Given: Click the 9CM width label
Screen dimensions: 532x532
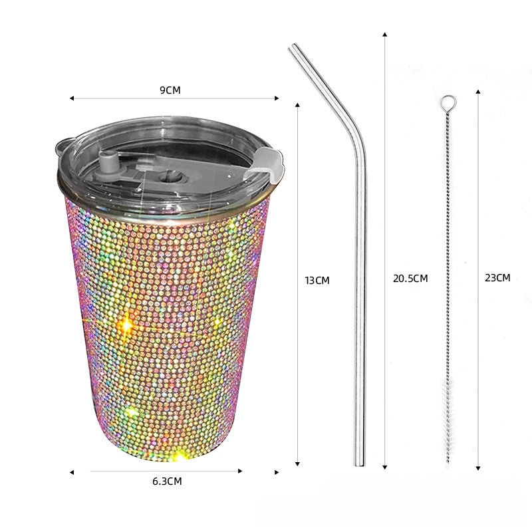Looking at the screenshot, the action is click(170, 90).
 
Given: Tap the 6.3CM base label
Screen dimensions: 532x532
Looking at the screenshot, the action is click(167, 481).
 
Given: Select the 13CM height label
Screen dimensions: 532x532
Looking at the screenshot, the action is click(317, 281).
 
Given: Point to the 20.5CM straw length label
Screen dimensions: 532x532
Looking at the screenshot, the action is click(410, 279).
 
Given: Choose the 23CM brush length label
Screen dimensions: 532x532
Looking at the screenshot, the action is click(497, 278).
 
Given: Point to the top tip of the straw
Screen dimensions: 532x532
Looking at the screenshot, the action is click(293, 46).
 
